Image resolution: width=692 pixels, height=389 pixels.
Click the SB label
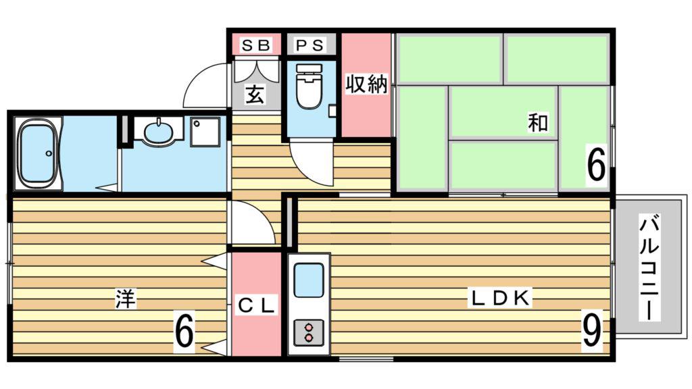255,45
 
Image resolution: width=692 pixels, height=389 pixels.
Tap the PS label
310,45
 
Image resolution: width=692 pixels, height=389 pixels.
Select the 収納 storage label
366,84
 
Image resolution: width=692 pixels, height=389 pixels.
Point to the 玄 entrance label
255,94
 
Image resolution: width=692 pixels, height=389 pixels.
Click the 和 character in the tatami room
538,122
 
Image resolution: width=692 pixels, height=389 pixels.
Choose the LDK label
501,299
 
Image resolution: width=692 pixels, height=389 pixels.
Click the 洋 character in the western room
126,299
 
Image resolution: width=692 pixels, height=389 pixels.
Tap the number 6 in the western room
184,331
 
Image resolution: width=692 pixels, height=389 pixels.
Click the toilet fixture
309,86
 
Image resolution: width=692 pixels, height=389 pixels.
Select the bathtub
38,153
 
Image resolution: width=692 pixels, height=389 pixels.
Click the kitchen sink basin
308,280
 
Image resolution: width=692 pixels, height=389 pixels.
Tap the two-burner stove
308,332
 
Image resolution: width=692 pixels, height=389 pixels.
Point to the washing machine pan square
205,132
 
